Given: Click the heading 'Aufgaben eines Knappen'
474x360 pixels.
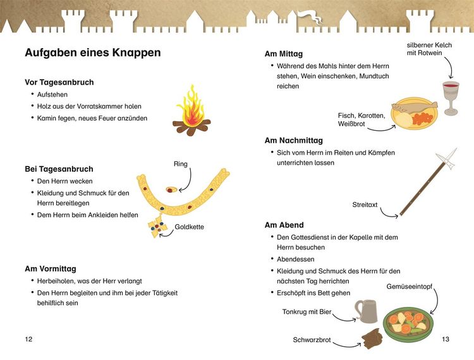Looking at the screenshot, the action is click(92, 53).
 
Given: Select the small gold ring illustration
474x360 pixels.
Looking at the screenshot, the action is click(171, 189).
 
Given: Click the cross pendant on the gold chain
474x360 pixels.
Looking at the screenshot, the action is click(157, 226).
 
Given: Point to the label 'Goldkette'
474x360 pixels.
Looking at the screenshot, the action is click(189, 227).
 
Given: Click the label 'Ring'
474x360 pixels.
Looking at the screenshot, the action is click(181, 164).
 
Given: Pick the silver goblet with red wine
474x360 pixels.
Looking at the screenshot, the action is click(451, 98).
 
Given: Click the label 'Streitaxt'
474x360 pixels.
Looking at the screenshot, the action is click(365, 205).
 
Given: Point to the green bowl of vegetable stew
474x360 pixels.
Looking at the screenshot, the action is click(408, 324).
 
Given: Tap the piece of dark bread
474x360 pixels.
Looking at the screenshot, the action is click(372, 339).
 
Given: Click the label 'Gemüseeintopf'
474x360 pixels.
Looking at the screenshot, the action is click(410, 287).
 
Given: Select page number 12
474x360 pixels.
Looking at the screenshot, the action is click(28, 339).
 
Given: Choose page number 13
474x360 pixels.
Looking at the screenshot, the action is click(446, 339).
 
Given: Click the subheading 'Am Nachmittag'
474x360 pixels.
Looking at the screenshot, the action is click(293, 141).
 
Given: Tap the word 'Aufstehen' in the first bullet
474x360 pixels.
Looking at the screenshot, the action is click(52, 95).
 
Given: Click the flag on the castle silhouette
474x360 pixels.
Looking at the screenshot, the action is click(310, 16).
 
